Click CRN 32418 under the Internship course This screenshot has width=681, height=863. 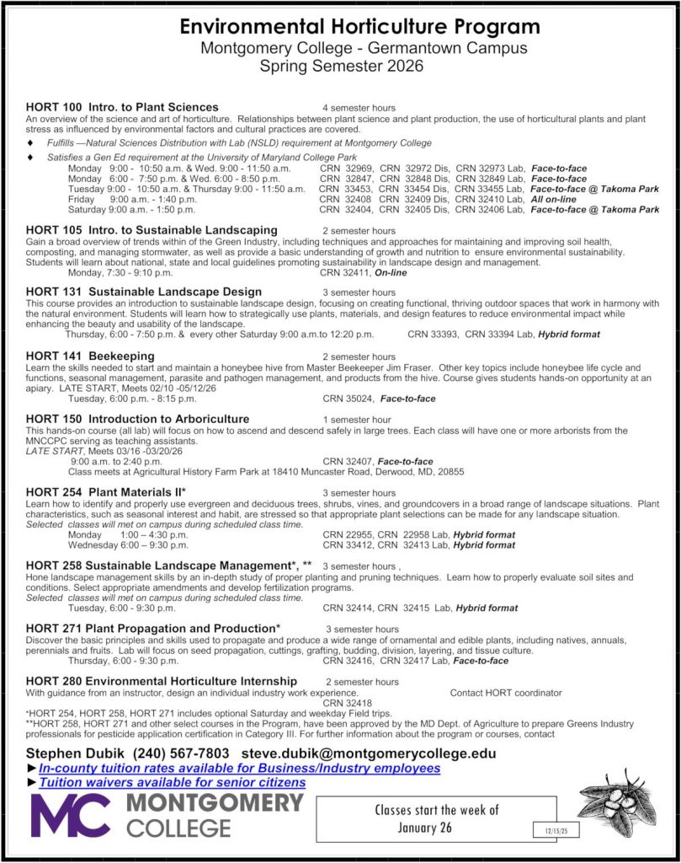346,702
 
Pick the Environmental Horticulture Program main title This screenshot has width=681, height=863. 360,28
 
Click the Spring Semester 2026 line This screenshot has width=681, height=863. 342,65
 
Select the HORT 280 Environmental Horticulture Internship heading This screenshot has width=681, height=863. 161,680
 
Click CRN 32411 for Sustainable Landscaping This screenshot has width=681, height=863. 346,272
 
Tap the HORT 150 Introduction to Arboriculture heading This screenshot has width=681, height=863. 137,418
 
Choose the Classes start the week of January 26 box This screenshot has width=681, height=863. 436,818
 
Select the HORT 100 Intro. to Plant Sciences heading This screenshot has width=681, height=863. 122,107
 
